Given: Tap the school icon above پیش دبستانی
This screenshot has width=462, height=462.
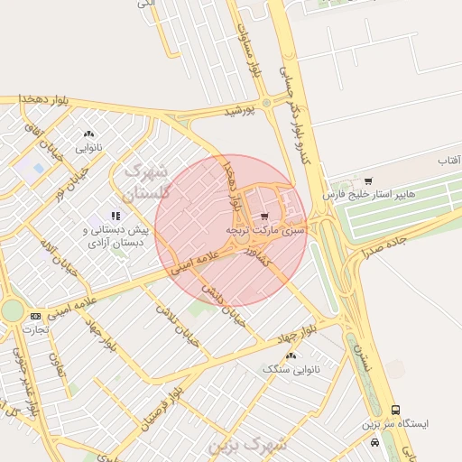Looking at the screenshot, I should click(115, 216).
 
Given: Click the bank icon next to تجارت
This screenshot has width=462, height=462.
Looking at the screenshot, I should click(35, 316).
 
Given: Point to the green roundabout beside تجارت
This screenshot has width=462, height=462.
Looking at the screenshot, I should click(11, 310).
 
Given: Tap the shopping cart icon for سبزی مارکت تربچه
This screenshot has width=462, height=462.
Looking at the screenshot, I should click(263, 217).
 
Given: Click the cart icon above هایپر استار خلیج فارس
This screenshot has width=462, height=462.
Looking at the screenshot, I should click(368, 181).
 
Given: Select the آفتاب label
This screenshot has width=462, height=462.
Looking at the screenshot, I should click(448, 161).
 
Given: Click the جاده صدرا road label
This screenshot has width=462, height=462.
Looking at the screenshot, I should click(386, 242).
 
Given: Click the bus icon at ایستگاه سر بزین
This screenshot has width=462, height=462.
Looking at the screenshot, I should click(395, 411).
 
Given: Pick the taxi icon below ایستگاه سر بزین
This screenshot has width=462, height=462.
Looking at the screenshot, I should click(374, 442).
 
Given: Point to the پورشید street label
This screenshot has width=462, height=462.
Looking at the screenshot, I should click(241, 110).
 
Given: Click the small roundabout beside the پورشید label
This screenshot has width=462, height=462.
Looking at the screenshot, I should click(266, 100).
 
